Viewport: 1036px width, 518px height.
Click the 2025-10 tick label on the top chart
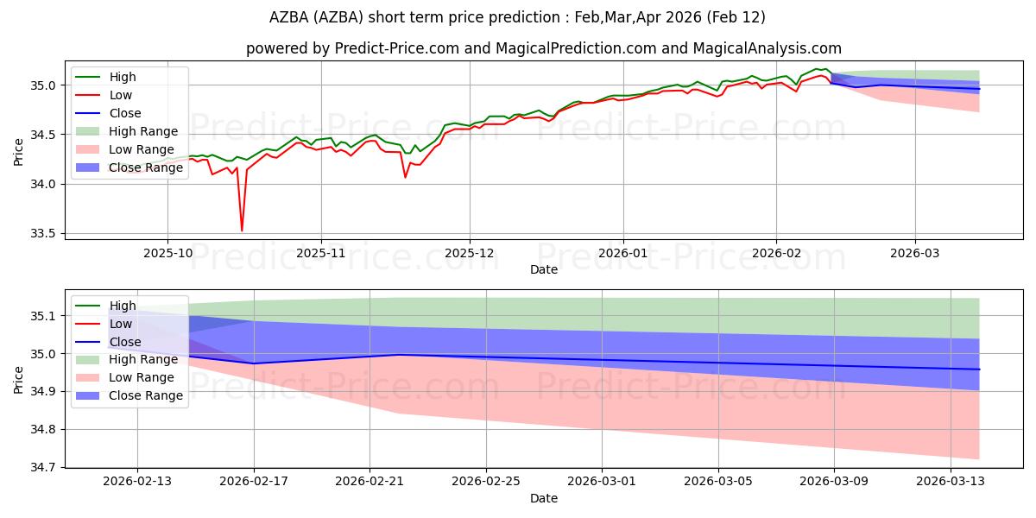[x=167, y=254]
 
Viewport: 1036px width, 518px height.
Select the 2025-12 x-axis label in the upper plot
[x=470, y=254]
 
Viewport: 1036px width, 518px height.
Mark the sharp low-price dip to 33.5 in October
[x=242, y=231]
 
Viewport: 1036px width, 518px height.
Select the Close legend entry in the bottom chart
[x=125, y=342]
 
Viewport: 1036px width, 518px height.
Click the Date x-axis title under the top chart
[x=544, y=269]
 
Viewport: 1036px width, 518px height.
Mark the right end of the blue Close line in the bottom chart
[x=979, y=370]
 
